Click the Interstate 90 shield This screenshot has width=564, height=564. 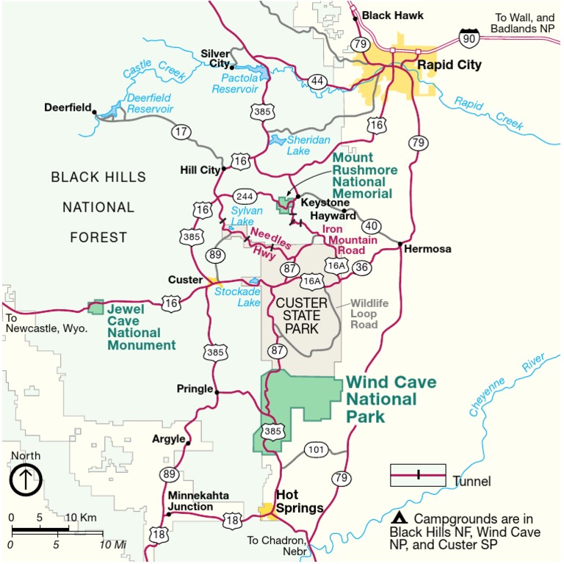pos(468,36)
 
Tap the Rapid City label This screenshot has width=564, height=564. pos(449,65)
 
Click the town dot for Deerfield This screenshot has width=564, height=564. pos(94,110)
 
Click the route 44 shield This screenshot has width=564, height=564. pos(317,81)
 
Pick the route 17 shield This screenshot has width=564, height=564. pos(181,132)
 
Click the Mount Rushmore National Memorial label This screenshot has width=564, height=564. pos(365,176)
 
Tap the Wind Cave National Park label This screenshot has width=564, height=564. pos(390,399)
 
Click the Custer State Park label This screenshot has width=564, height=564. pos(301,316)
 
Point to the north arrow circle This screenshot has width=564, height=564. pos(26,481)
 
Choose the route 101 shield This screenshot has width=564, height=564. pos(315,449)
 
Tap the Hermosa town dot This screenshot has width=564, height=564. pos(399,243)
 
